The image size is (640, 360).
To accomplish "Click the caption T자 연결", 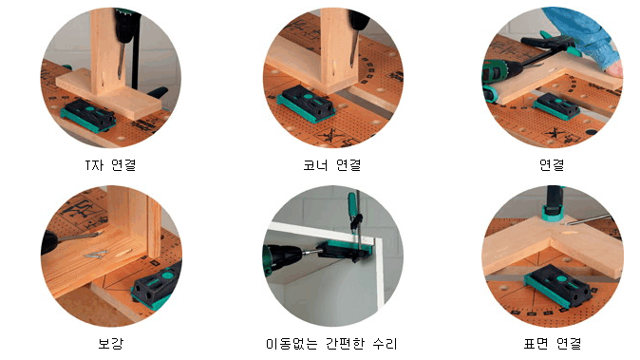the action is [x=110, y=165].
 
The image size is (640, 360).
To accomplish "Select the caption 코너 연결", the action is [x=331, y=165].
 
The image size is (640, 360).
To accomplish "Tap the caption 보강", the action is [x=110, y=343].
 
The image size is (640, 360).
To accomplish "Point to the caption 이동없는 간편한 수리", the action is [x=331, y=343].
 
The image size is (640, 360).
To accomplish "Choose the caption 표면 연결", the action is [x=553, y=343].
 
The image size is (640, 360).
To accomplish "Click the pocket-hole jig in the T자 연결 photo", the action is [x=88, y=115].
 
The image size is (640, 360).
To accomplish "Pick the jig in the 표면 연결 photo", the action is [x=558, y=285].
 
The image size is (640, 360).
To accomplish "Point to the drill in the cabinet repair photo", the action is [x=286, y=258].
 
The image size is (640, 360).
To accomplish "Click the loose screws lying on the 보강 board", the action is [x=96, y=255].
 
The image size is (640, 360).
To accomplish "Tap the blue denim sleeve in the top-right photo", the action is [x=584, y=32].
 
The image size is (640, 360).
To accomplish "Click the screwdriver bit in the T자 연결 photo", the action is [x=121, y=61].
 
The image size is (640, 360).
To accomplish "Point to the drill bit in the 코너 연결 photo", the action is [x=353, y=49].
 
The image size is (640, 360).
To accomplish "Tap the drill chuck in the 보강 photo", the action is [x=51, y=242].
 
